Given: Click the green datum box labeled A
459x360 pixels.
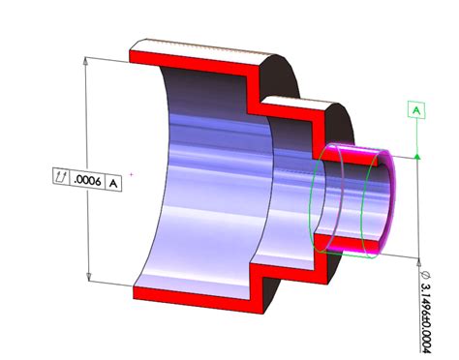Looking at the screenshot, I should (416, 111).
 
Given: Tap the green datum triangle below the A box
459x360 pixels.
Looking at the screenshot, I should (416, 155).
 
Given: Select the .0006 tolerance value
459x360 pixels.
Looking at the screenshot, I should (86, 179).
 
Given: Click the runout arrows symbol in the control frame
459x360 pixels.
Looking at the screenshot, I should (62, 179).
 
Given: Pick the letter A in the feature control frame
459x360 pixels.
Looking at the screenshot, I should (112, 179).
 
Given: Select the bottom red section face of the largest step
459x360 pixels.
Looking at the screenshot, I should (194, 291).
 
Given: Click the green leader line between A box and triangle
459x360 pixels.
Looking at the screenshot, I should (416, 135).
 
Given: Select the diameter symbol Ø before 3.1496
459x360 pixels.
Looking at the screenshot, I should (426, 275).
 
